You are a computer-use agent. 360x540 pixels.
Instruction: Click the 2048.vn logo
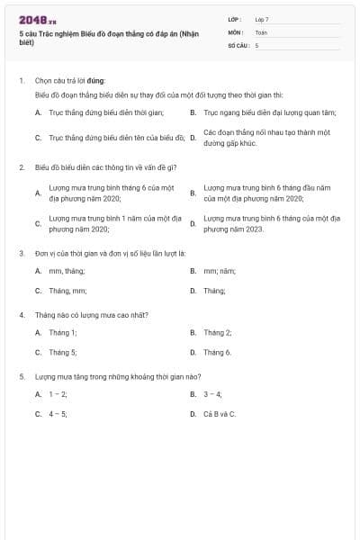point(38,19)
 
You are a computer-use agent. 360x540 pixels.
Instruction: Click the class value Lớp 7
point(262,19)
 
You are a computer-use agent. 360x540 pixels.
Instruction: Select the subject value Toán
point(261,31)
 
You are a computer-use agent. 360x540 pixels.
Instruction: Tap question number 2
point(22,166)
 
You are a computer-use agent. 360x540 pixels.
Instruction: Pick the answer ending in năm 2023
point(271,224)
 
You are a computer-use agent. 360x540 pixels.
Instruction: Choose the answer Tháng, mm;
point(67,291)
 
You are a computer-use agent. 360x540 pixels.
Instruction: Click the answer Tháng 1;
point(62,332)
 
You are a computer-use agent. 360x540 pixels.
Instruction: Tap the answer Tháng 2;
point(217,332)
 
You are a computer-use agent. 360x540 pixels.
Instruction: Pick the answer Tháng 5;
point(62,352)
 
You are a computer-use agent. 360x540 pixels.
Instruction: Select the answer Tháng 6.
point(217,352)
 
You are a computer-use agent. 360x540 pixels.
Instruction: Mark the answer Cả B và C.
point(220,414)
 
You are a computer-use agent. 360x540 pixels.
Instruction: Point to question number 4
point(22,315)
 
